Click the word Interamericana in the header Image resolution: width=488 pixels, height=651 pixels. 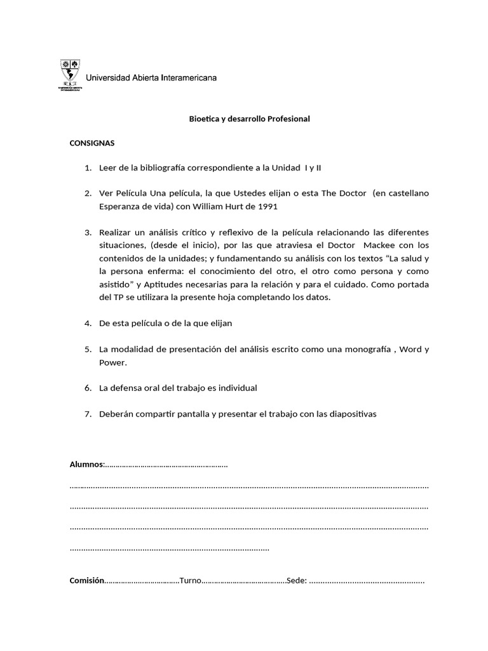coord(189,78)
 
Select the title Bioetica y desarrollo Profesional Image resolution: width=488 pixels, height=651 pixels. coord(250,119)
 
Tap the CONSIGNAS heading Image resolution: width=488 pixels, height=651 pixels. coord(91,143)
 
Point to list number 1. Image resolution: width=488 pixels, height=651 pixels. coord(88,168)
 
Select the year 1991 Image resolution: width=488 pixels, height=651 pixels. coord(268,207)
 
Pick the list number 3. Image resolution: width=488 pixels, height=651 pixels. coord(88,232)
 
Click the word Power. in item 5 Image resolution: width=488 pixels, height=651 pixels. coord(114,362)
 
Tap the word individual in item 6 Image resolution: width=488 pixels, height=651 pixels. coord(236,388)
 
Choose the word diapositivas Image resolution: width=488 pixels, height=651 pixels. coord(349,414)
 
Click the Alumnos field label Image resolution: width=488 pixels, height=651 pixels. coord(86,465)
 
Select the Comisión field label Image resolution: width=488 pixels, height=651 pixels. coord(86,580)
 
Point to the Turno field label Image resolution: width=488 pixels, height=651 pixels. coord(190,580)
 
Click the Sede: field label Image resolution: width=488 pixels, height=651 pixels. coord(297,580)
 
